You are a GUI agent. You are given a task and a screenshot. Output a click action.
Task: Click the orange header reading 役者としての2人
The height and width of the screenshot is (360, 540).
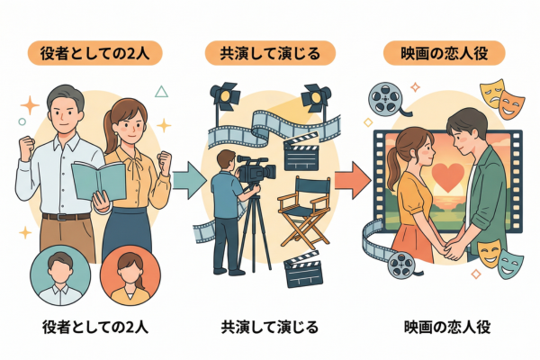pyautogui.click(x=95, y=53)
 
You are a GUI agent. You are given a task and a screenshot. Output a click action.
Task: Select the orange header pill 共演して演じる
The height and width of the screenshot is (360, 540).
pyautogui.click(x=270, y=53)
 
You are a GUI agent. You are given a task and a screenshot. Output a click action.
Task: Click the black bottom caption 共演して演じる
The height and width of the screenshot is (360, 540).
pyautogui.click(x=270, y=327)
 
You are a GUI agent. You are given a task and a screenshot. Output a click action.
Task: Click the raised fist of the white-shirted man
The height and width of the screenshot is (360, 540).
pyautogui.click(x=26, y=143)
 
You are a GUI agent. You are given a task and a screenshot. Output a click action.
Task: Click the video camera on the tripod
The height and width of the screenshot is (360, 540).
pyautogui.click(x=256, y=168)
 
